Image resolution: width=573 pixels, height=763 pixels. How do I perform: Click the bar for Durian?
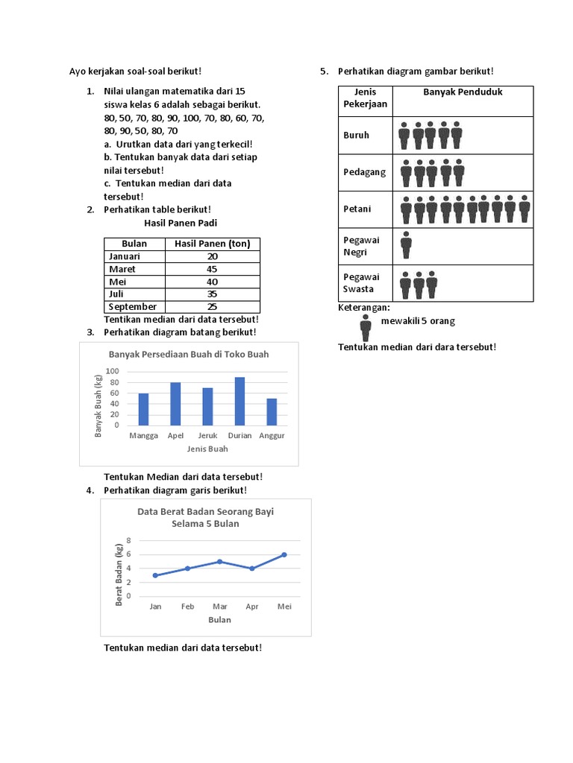coord(239,401)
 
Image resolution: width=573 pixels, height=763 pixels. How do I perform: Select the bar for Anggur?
coord(272,411)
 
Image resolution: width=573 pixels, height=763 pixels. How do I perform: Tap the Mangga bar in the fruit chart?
coord(143,409)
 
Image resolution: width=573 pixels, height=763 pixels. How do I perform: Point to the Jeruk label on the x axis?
coord(207,436)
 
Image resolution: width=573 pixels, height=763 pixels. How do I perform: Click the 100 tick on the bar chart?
coord(113,371)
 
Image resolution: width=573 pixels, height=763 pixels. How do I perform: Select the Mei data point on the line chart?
coord(284,554)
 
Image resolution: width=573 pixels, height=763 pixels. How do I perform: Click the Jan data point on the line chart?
coord(155,575)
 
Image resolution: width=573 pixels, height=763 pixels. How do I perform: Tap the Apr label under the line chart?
coord(251,607)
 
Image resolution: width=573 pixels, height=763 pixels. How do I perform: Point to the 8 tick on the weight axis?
coord(128,540)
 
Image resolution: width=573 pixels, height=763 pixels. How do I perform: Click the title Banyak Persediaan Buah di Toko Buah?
coord(189,354)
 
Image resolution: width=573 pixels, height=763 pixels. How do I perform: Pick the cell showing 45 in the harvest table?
coord(213,269)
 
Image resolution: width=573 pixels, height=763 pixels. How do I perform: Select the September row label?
coord(133,306)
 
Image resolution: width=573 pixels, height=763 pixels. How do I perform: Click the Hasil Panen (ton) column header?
coord(213,244)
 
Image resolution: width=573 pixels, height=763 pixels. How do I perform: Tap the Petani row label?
coord(357,209)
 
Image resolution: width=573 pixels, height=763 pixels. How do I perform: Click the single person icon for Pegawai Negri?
coord(406,245)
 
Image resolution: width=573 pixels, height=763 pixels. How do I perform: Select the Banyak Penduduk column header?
coord(463,92)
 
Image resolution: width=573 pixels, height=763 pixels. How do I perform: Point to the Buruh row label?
coord(357,135)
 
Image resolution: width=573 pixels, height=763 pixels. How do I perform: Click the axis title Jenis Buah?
coord(207,449)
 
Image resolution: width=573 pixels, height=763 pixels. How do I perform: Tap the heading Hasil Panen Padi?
coord(181,223)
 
